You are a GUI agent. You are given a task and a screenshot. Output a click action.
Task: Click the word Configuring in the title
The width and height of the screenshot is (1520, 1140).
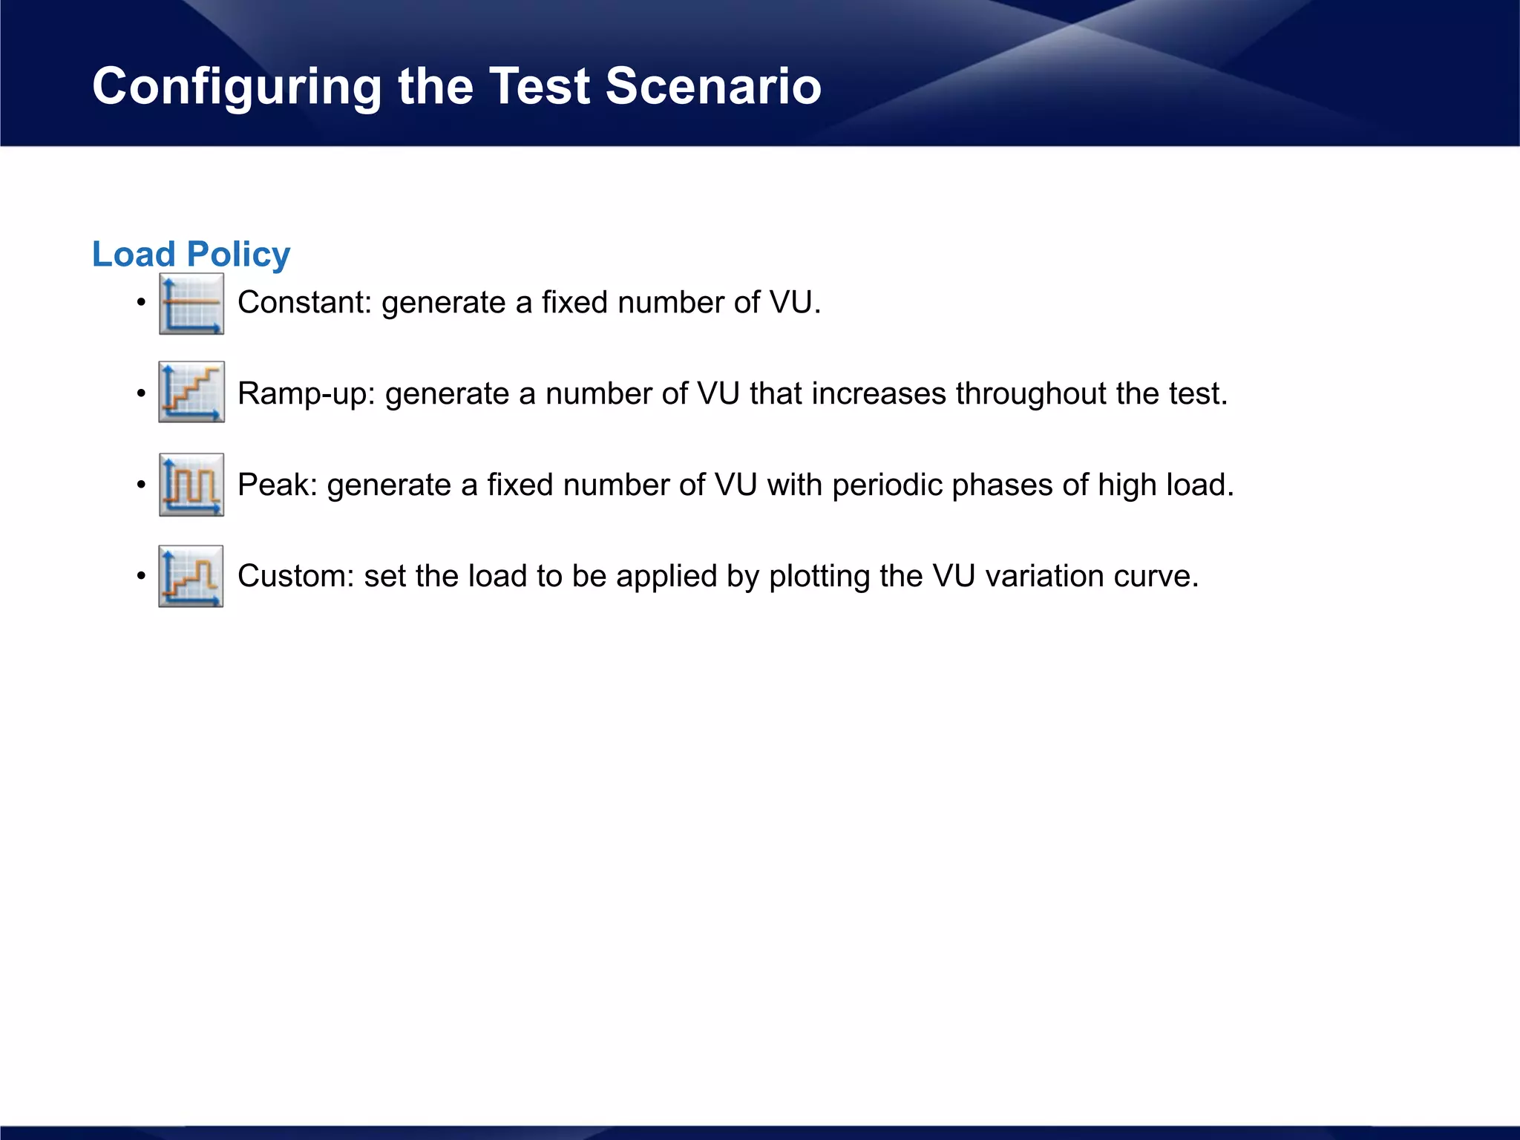click(236, 87)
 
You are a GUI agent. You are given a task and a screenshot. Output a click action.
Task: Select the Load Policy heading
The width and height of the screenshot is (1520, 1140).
click(191, 255)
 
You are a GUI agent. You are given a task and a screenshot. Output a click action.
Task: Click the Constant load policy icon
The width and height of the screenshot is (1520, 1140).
click(191, 304)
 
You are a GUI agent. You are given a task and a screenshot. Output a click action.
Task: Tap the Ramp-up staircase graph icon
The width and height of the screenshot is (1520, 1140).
click(191, 392)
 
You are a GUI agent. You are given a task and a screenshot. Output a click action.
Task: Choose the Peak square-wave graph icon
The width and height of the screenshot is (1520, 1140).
click(191, 485)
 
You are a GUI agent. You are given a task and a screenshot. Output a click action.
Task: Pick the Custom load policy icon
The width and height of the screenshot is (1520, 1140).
click(191, 576)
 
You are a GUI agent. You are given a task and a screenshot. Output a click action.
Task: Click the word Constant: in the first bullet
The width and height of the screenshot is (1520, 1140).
click(304, 303)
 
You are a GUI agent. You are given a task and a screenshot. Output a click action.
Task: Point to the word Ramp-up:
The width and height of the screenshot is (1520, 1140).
click(307, 394)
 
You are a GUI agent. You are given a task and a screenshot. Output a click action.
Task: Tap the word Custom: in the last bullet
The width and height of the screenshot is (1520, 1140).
click(296, 577)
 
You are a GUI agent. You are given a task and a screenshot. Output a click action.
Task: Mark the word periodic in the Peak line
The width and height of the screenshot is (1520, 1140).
click(887, 485)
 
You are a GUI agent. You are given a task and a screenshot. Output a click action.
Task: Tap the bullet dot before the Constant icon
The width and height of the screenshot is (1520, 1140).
click(141, 304)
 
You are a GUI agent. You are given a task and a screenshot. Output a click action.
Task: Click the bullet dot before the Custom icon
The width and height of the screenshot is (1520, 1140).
click(141, 577)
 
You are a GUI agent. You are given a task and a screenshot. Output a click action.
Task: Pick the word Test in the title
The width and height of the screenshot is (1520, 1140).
click(540, 86)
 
